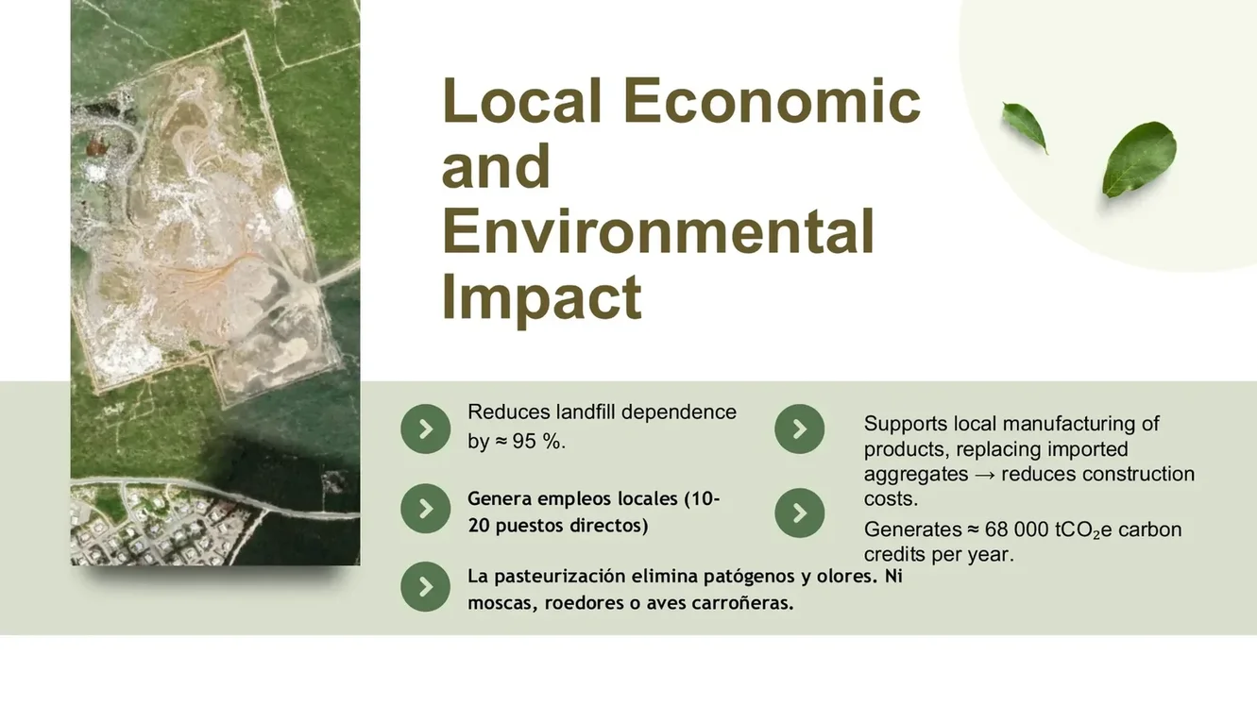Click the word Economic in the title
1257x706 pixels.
(x=771, y=101)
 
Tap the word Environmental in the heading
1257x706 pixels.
(x=658, y=232)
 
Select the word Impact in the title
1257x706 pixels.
(x=541, y=297)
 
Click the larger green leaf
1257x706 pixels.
(x=1139, y=159)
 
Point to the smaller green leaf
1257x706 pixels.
(x=1025, y=126)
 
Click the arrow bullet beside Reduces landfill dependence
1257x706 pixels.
(x=425, y=429)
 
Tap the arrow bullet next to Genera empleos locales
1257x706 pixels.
(x=425, y=509)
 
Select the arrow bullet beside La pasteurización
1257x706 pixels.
(x=425, y=587)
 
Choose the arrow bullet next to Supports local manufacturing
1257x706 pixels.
(x=799, y=429)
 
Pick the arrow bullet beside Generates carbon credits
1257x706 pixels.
(x=799, y=513)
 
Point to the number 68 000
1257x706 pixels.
(x=1016, y=529)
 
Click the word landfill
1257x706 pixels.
(x=586, y=412)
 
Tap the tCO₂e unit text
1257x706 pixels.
(x=1083, y=530)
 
